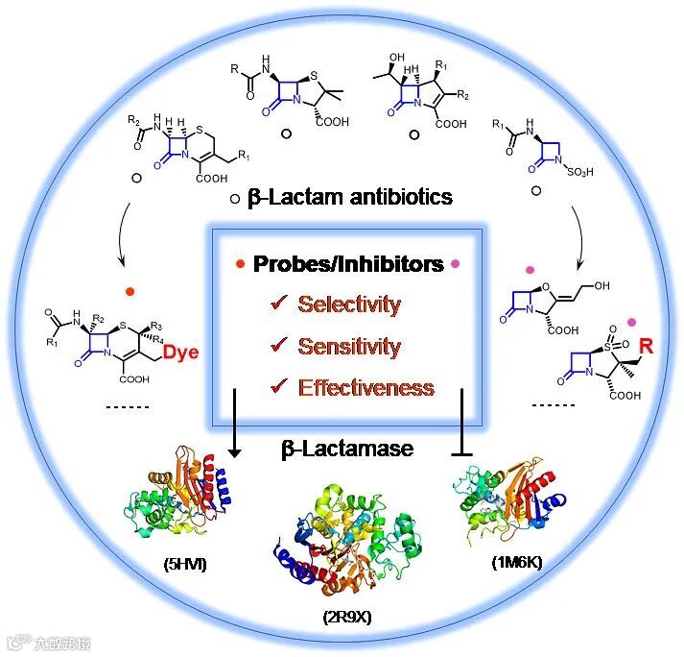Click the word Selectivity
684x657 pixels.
point(348,304)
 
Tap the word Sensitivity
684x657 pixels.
point(349,346)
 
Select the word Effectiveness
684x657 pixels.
point(366,388)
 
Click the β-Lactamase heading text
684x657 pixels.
point(346,448)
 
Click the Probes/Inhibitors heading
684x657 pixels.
point(348,264)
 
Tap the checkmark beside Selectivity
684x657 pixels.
point(279,304)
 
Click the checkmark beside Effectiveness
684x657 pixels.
point(279,387)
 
